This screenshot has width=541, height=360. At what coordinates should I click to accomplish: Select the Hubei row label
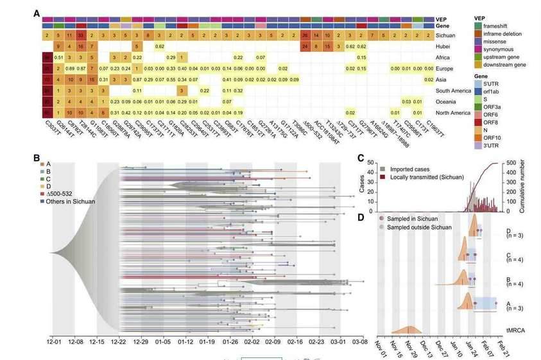pos(446,47)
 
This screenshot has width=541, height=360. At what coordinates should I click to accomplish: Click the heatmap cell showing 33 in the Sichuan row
pos(81,35)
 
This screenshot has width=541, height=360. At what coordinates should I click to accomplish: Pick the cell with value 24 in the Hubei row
pos(305,47)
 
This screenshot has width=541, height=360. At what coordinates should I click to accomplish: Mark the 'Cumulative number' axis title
pos(532,186)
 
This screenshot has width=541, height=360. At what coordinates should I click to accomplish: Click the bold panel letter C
pos(361,158)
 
